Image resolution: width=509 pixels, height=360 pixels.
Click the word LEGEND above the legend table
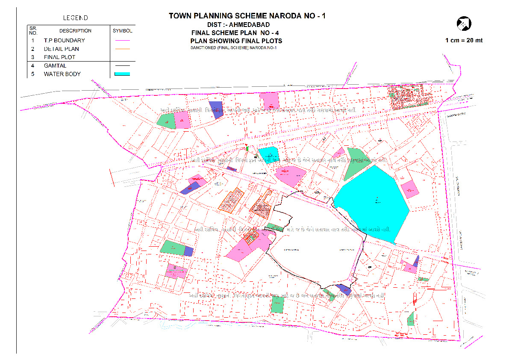tap(75, 18)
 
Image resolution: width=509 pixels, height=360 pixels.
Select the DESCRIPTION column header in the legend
tap(75, 31)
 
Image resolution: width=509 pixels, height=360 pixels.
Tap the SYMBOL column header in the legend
tap(122, 31)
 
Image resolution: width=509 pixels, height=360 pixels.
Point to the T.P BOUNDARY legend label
tap(64, 40)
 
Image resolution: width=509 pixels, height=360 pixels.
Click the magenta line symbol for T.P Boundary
tap(122, 41)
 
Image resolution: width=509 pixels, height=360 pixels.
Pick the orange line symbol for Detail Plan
tap(122, 49)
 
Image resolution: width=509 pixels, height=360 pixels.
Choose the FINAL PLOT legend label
tap(59, 57)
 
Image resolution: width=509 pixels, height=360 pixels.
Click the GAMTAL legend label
tap(55, 66)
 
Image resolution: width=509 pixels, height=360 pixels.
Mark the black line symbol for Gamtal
tap(122, 66)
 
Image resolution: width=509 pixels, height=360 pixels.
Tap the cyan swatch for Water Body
tap(122, 74)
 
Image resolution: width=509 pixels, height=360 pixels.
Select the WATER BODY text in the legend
tap(62, 74)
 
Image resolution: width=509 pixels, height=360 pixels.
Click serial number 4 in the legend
tap(33, 66)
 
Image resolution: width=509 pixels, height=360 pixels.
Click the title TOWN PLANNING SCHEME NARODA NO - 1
tap(247, 16)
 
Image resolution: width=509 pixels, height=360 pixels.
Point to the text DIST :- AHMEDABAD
tap(238, 25)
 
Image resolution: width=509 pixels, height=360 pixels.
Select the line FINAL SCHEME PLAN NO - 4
tap(236, 33)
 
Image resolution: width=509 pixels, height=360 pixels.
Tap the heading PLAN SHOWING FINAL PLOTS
tap(236, 41)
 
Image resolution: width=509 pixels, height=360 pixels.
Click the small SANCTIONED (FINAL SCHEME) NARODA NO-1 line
tap(234, 47)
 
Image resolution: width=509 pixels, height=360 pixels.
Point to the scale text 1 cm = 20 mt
tap(464, 40)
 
